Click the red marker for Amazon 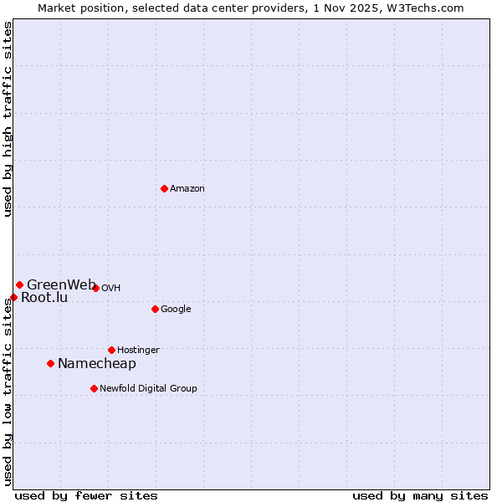click(x=164, y=188)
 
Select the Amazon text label click(x=187, y=189)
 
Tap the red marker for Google click(x=155, y=309)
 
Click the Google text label click(x=176, y=310)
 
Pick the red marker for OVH click(x=95, y=288)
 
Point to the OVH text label click(x=111, y=289)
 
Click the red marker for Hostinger click(x=111, y=350)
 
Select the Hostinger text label click(x=138, y=351)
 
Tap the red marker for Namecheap click(x=50, y=363)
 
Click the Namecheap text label click(x=96, y=364)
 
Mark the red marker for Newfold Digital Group click(x=94, y=388)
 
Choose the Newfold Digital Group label click(x=148, y=389)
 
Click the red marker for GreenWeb click(x=19, y=284)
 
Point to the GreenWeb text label click(x=60, y=285)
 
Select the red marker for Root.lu click(x=13, y=297)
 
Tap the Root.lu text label click(x=44, y=298)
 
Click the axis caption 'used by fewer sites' click(x=86, y=496)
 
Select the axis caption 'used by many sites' click(x=420, y=496)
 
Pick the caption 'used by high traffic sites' click(x=8, y=119)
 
